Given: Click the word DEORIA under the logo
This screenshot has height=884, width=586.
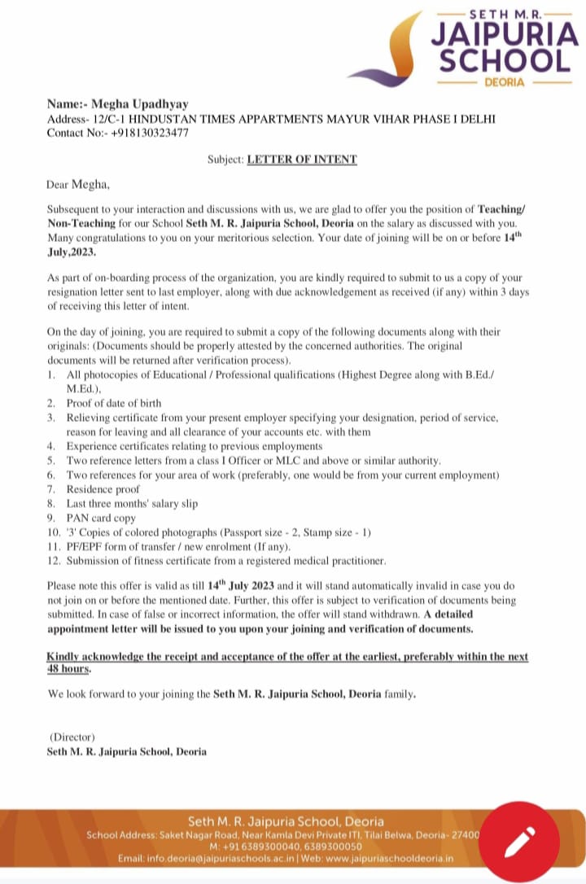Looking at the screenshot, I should click(x=504, y=83).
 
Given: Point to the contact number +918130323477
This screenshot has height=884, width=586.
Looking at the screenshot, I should click(x=151, y=132).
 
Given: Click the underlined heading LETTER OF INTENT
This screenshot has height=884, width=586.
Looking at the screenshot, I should click(x=302, y=160).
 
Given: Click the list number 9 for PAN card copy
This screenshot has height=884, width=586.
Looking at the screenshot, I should click(x=50, y=518).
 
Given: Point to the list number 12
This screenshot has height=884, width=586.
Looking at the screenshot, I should click(x=54, y=561).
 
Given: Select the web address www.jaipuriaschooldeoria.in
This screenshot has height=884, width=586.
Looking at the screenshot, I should click(x=389, y=859).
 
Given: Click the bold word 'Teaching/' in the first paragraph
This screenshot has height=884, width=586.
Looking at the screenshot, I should click(x=502, y=209).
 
